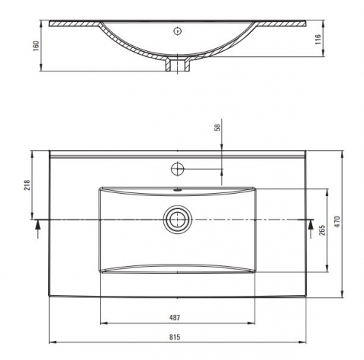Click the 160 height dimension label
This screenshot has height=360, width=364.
tap(36, 46)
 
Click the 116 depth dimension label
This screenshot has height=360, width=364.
tap(318, 39)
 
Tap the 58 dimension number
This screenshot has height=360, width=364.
tap(218, 128)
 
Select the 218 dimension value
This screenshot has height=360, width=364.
tap(27, 185)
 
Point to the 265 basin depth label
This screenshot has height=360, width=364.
tap(322, 230)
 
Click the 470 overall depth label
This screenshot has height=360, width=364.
tap(337, 222)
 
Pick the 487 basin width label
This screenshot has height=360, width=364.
tap(174, 318)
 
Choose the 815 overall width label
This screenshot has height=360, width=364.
tap(174, 337)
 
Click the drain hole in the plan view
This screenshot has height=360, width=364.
tap(177, 219)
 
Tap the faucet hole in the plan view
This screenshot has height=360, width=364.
tap(177, 168)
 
